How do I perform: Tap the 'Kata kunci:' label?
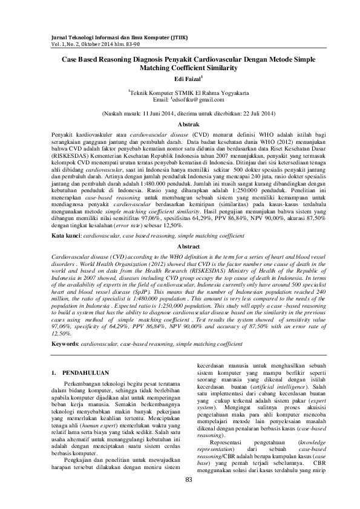(65, 234)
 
